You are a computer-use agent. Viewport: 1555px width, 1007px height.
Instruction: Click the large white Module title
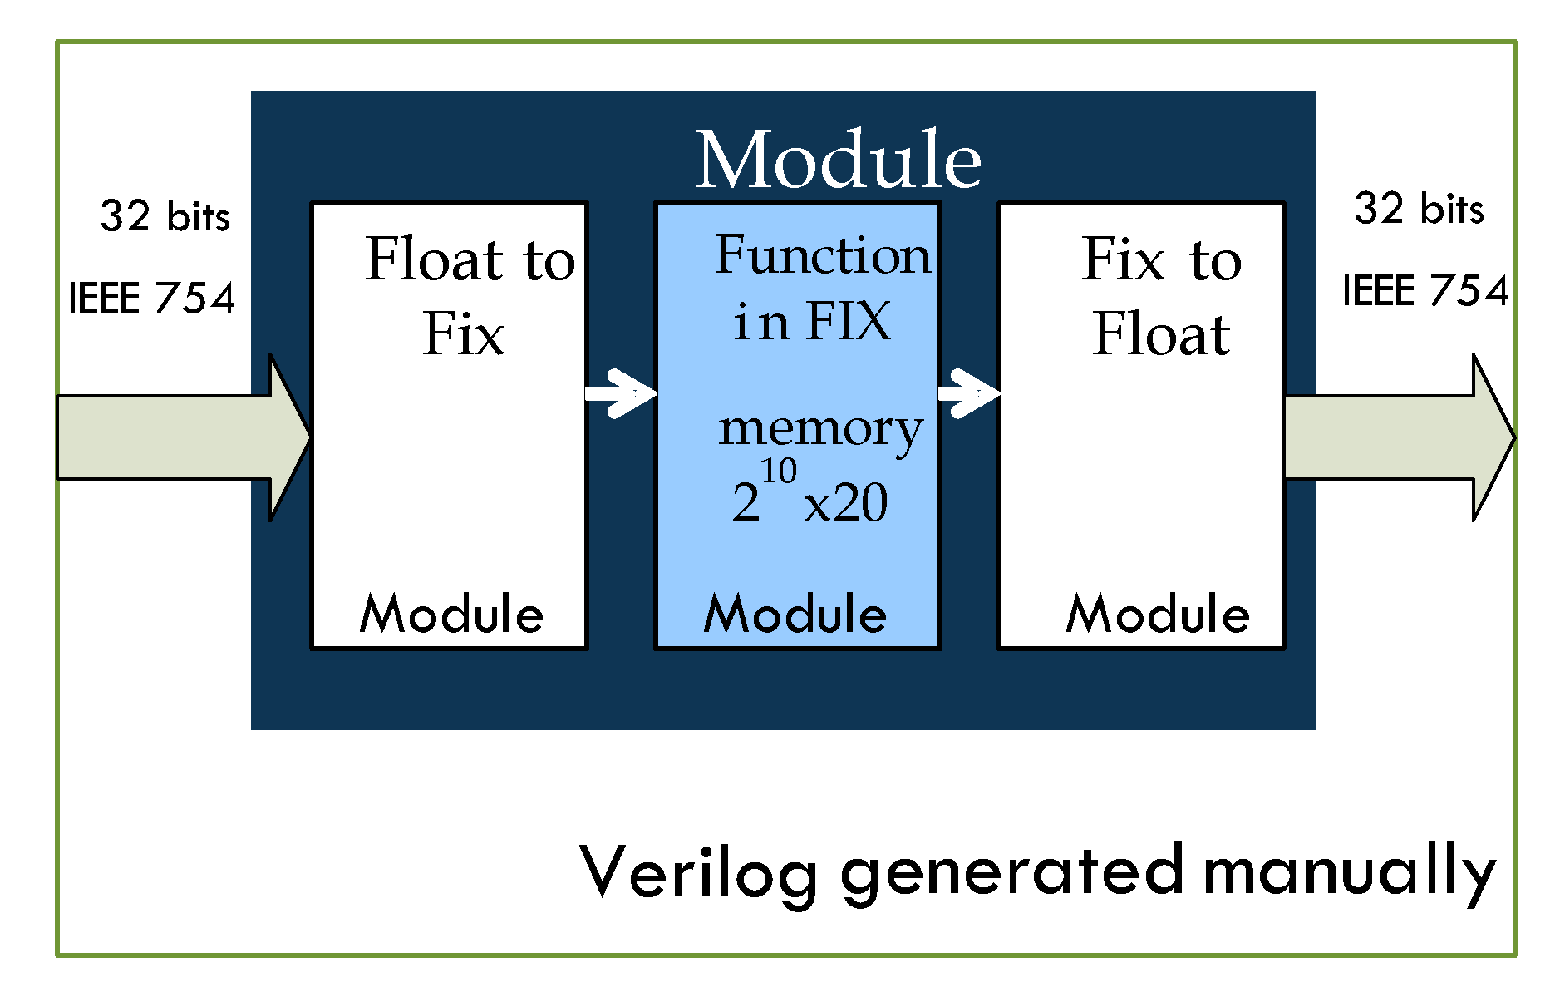pyautogui.click(x=838, y=160)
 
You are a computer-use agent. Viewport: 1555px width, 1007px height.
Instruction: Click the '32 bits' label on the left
pyautogui.click(x=165, y=216)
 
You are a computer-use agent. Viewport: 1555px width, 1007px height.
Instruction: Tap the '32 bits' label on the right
pyautogui.click(x=1419, y=209)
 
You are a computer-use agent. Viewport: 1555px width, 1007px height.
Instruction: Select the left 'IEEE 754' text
pyautogui.click(x=151, y=298)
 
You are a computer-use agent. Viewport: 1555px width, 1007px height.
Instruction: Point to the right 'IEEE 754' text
pyautogui.click(x=1425, y=291)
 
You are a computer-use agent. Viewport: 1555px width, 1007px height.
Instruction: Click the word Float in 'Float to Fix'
pyautogui.click(x=435, y=259)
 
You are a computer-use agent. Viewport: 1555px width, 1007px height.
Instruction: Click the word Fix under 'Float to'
pyautogui.click(x=463, y=334)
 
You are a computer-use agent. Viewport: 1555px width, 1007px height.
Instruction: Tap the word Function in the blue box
pyautogui.click(x=823, y=255)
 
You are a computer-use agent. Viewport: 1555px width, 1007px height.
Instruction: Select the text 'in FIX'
pyautogui.click(x=811, y=322)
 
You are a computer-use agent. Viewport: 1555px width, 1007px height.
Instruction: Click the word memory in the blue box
pyautogui.click(x=820, y=430)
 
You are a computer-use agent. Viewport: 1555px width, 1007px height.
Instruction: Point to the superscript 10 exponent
pyautogui.click(x=779, y=471)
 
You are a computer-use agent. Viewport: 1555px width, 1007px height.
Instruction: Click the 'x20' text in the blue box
pyautogui.click(x=846, y=503)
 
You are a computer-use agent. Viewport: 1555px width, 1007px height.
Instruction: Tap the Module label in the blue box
pyautogui.click(x=795, y=615)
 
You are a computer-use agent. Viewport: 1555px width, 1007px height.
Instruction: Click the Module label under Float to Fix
pyautogui.click(x=451, y=615)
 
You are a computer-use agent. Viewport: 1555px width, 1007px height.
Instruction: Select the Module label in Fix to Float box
pyautogui.click(x=1158, y=615)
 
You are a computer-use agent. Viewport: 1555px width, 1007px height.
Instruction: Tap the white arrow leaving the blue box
pyautogui.click(x=969, y=393)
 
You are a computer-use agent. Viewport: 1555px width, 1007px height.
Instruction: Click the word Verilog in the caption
pyautogui.click(x=698, y=873)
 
